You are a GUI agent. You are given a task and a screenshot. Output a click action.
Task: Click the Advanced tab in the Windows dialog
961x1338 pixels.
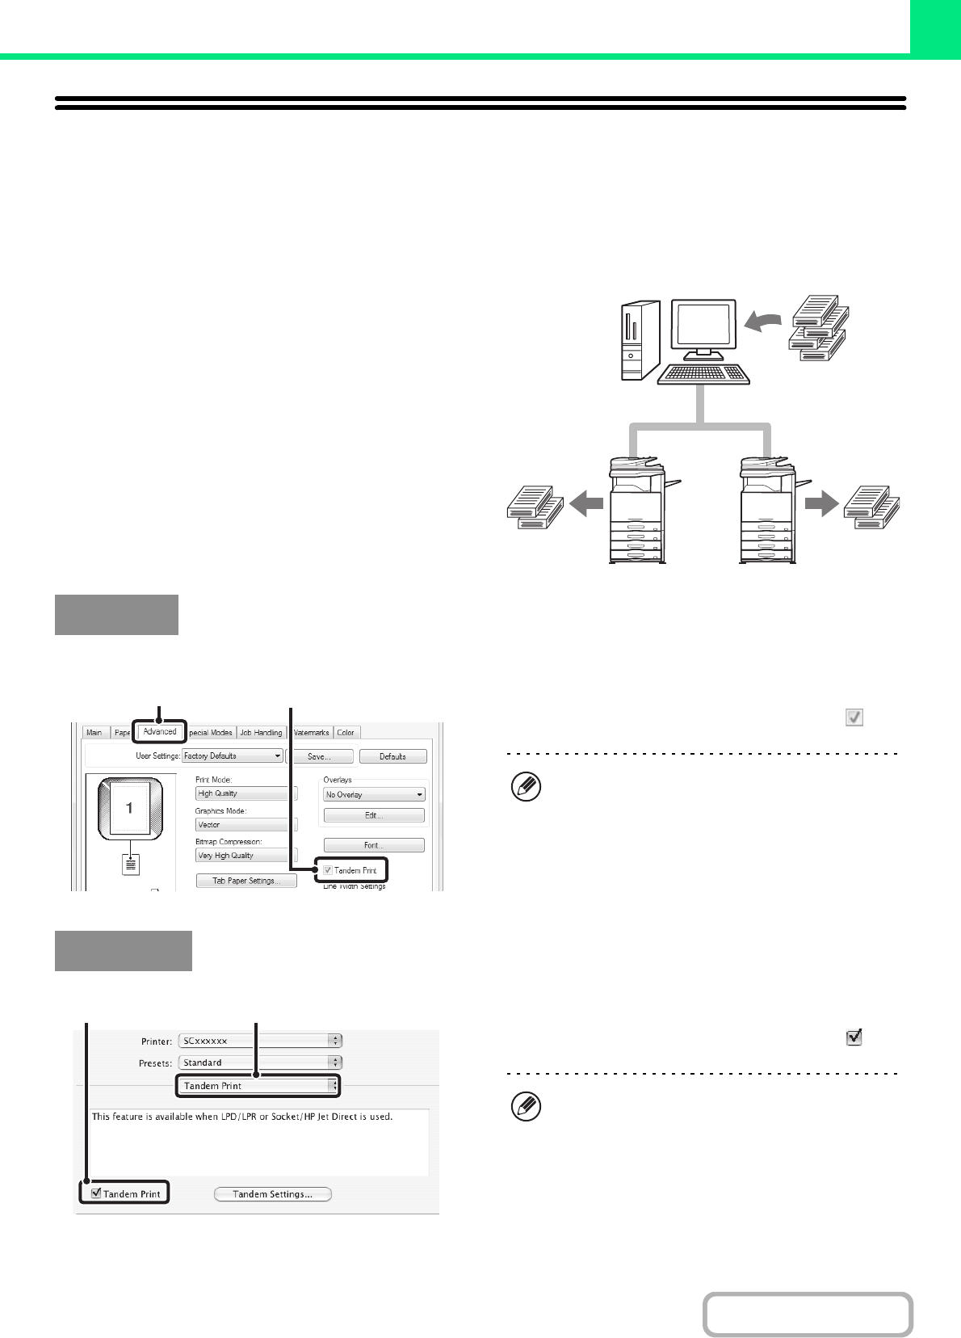[160, 732]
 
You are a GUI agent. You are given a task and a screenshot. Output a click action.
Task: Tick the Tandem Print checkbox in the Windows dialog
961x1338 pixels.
[328, 870]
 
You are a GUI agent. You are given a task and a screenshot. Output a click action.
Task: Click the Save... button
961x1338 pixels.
[320, 757]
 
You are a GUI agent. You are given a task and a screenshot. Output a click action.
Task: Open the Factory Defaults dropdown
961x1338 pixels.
[232, 756]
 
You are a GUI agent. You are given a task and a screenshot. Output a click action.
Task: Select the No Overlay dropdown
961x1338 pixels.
[374, 795]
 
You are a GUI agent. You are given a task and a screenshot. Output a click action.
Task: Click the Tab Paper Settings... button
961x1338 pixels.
[246, 881]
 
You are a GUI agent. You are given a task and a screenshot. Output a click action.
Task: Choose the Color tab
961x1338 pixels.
[346, 733]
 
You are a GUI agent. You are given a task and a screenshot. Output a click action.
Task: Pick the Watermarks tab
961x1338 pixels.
[311, 733]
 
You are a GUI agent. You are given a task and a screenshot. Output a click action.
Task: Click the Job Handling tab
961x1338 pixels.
[261, 733]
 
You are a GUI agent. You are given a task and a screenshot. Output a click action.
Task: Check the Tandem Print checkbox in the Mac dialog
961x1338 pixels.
[96, 1193]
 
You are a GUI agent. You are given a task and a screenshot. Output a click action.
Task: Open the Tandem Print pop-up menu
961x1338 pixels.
[258, 1086]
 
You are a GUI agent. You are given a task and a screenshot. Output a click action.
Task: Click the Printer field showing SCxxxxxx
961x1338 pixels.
[259, 1041]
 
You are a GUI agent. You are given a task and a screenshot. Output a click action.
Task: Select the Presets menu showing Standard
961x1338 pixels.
[259, 1062]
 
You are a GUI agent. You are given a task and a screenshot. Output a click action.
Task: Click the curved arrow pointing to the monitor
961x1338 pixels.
[762, 322]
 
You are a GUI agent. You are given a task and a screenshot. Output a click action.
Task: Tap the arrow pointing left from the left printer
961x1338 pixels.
[586, 505]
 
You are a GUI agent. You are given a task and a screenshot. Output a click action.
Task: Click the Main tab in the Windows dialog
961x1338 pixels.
[94, 733]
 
